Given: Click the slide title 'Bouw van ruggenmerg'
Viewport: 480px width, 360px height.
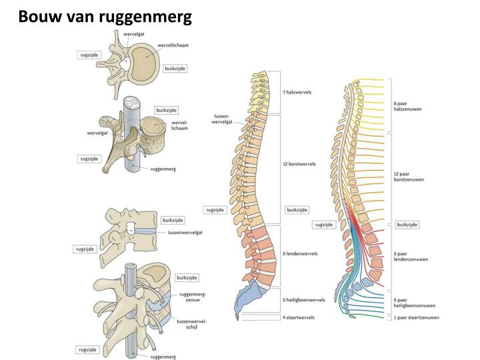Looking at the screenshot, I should pos(105,15).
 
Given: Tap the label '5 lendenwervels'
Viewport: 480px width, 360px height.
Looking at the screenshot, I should pos(300,253).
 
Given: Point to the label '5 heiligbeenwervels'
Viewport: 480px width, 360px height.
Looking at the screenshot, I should pos(304,300).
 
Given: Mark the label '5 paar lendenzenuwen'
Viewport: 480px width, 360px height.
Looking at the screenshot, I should pos(411,257).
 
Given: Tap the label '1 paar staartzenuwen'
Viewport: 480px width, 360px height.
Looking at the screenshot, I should pos(416,318).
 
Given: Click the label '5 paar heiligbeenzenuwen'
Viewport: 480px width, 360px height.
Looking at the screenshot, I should pos(414,303).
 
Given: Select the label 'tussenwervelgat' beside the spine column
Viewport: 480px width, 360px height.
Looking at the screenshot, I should pos(221,119).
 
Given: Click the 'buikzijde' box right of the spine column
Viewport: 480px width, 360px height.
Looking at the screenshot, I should pos(297,209).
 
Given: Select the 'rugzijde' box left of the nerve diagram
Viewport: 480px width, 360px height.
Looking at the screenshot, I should pos(324,225).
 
